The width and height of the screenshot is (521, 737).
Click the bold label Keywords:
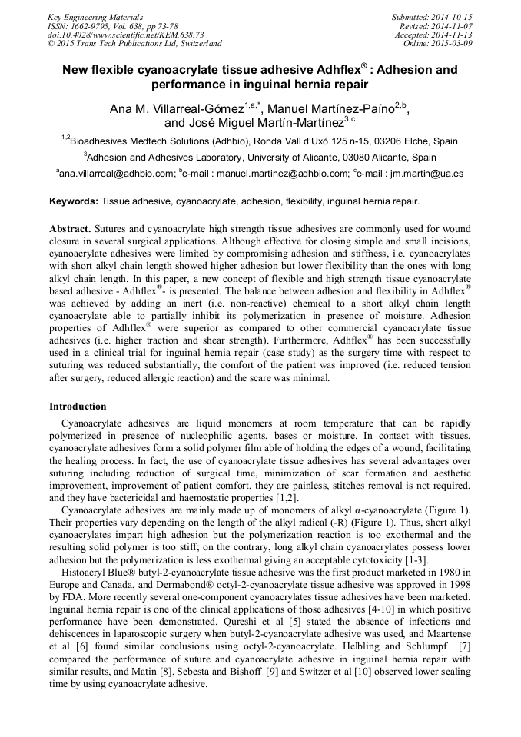pyautogui.click(x=74, y=201)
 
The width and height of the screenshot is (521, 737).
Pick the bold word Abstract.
pyautogui.click(x=70, y=229)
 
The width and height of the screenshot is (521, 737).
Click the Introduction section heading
pyautogui.click(x=78, y=407)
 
